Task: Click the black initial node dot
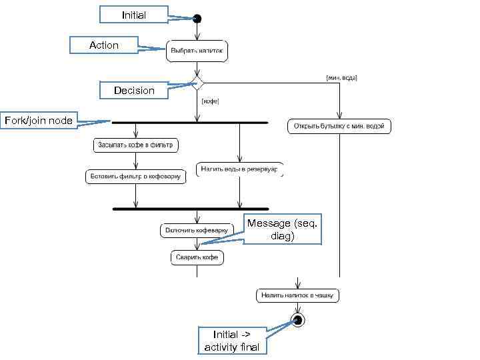(x=197, y=19)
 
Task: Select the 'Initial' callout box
(x=133, y=15)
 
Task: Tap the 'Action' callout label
(x=104, y=45)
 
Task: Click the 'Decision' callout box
(x=133, y=90)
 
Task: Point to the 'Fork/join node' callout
(x=39, y=121)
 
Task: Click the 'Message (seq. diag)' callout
(x=283, y=230)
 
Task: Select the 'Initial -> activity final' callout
(x=232, y=340)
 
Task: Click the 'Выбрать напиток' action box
(x=197, y=51)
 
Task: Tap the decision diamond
(x=197, y=83)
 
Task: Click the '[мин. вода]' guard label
(x=341, y=78)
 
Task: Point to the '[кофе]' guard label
(x=211, y=102)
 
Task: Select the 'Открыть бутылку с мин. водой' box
(x=339, y=126)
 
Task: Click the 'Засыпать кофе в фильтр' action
(x=135, y=144)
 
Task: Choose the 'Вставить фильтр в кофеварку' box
(x=135, y=177)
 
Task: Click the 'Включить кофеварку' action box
(x=195, y=231)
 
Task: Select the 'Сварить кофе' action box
(x=197, y=257)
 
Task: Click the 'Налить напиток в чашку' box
(x=298, y=294)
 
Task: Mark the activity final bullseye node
(x=297, y=321)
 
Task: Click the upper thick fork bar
(x=190, y=123)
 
